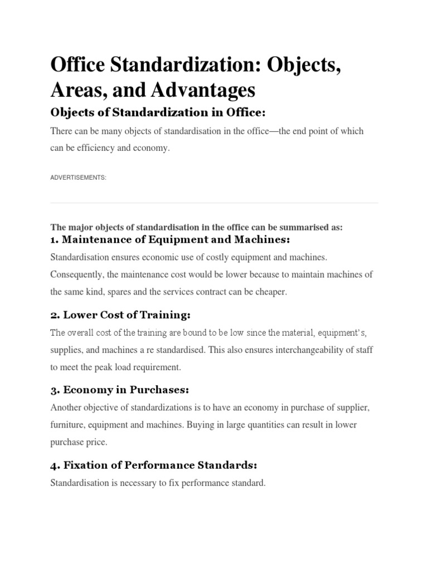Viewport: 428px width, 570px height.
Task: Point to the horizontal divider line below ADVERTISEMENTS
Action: pyautogui.click(x=214, y=203)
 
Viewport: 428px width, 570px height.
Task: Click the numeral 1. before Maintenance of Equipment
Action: pyautogui.click(x=55, y=240)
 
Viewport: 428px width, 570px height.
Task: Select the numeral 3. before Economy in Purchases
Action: pyautogui.click(x=55, y=390)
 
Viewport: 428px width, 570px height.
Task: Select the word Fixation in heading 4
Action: pyautogui.click(x=87, y=465)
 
